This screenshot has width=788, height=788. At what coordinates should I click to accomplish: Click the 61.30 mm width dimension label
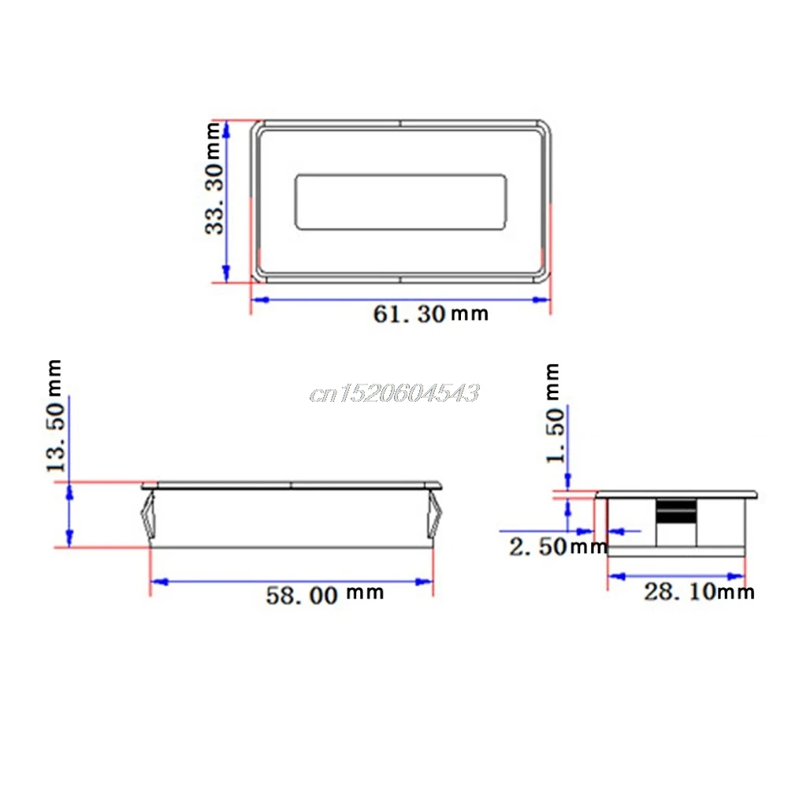coord(431,314)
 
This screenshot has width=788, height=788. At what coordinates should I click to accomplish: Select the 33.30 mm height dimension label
coord(214,178)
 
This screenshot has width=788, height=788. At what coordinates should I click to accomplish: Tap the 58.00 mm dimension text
coord(325,594)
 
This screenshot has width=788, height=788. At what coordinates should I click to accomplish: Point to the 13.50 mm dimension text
coord(56,415)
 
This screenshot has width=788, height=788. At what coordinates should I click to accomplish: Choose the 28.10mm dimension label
coord(699,592)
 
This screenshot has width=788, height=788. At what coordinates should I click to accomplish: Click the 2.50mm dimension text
coord(559,546)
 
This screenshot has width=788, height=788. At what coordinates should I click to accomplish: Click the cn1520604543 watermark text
coord(395,392)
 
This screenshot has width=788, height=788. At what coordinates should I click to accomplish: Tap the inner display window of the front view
coord(400,202)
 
